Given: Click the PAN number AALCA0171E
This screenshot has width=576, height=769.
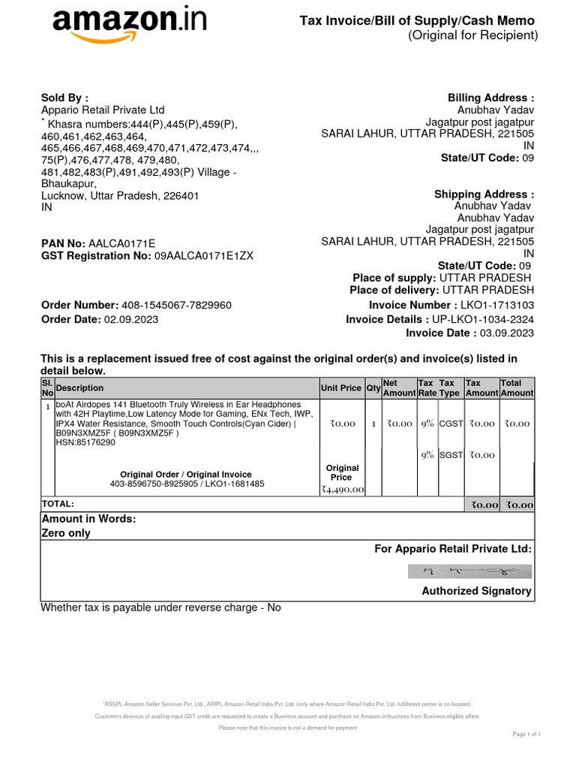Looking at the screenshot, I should point(121,243).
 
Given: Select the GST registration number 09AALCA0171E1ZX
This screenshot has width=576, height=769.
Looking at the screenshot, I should point(203,255).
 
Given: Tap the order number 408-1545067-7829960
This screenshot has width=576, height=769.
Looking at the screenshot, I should point(176,305).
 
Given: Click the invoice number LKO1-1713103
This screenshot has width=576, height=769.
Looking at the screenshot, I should point(497,305).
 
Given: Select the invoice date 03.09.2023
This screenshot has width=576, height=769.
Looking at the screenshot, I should point(506,333).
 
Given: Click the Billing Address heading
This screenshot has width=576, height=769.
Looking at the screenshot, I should point(490,98).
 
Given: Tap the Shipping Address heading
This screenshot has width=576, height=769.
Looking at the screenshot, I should point(484,195).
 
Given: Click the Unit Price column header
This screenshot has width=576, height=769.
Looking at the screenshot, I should point(340,388).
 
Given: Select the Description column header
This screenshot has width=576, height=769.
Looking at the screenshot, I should point(80,388).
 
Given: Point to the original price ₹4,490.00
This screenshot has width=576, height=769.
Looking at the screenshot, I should point(342,490).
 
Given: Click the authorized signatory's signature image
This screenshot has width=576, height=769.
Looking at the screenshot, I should point(469,571).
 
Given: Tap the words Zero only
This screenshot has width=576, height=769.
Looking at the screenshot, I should point(66,533).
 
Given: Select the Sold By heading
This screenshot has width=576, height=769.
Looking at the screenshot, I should point(64,98).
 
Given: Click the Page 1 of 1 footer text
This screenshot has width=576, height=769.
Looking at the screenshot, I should point(526,734).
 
